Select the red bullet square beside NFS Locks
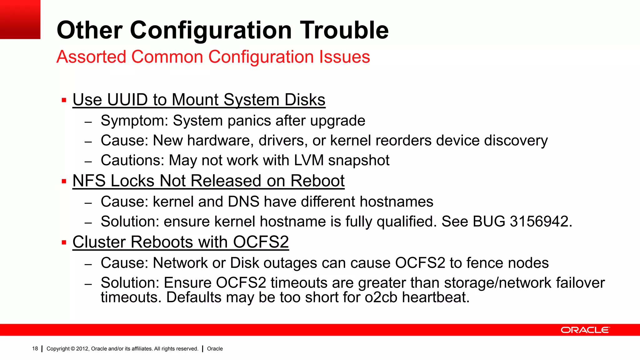(64, 181)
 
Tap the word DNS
(243, 202)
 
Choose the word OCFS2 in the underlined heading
(261, 242)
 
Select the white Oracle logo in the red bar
(585, 330)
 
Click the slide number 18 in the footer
(35, 348)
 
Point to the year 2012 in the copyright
(82, 349)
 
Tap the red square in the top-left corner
(20, 19)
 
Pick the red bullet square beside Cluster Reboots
(64, 242)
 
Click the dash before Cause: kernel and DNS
(88, 203)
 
